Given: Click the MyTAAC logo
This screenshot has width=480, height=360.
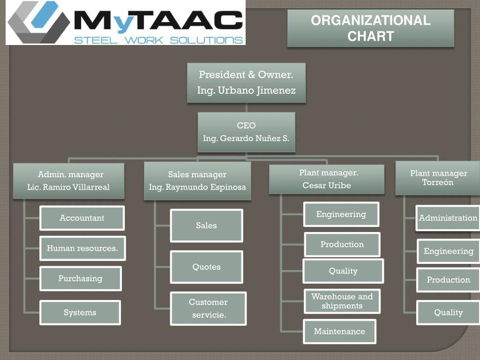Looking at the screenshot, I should point(126,22).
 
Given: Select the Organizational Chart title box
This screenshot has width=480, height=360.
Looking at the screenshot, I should point(370,28).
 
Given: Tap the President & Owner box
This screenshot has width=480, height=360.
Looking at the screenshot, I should point(246,82).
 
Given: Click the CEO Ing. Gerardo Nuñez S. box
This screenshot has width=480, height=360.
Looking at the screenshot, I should point(246,132).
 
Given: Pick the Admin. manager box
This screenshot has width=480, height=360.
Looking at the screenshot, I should point(68,181).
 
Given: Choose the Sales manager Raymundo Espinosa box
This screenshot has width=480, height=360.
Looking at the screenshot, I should point(197,181).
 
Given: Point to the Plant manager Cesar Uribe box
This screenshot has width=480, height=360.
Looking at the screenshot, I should point(327,179).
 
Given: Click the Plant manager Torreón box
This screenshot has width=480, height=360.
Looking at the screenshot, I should point(438,178).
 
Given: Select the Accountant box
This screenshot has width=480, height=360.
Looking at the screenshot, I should point(82,218).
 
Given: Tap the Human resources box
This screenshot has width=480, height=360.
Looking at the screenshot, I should point(82,248).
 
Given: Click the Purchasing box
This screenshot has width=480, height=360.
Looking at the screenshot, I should point(80,278).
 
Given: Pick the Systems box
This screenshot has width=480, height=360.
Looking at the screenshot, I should point(80,313).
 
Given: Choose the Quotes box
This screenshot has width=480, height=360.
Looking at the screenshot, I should point(206,267).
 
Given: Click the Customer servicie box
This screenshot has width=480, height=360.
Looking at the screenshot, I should point(209,308).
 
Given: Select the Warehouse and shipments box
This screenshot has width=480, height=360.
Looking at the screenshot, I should point(342,301).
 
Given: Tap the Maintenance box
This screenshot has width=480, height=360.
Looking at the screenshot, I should point(339,331).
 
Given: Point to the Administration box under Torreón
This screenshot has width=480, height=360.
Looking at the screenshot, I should point(448,218).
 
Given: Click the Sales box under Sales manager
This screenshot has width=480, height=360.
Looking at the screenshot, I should point(206,225).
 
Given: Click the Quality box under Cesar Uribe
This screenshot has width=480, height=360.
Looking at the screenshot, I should point(343,271).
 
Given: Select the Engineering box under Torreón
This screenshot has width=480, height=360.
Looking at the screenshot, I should point(449,251).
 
